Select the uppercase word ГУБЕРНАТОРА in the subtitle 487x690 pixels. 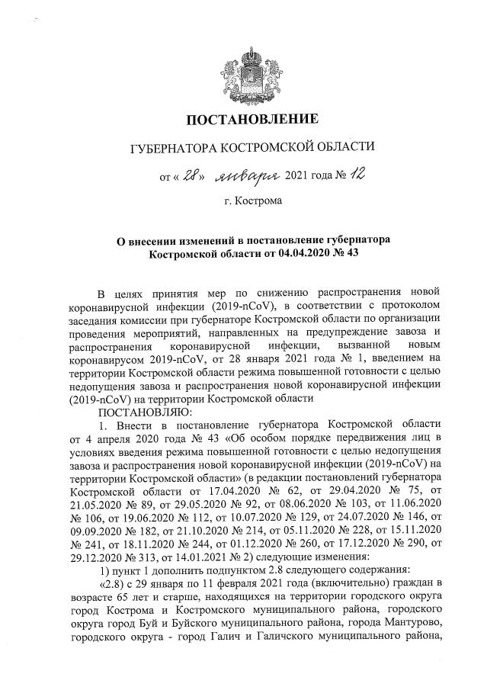tap(174, 146)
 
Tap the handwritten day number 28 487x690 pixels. tap(187, 178)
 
